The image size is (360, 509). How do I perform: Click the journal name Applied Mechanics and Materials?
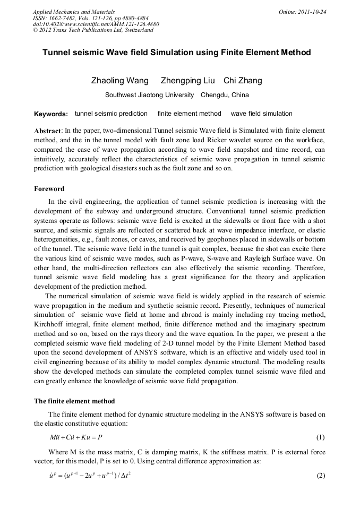tap(74, 11)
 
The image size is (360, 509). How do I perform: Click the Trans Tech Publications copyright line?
tap(93, 30)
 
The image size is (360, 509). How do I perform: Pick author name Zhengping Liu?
tap(187, 81)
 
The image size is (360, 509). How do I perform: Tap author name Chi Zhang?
tap(243, 81)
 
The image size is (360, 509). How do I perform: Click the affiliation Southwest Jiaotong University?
tap(149, 96)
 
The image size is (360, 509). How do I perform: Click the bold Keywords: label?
tap(51, 114)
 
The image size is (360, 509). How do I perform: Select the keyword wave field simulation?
tap(261, 114)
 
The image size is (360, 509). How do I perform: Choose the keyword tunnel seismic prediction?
tap(111, 114)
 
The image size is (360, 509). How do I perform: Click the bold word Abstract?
tap(47, 131)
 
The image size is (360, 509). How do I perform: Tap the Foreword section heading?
tap(49, 189)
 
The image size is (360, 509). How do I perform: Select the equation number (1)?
tap(320, 438)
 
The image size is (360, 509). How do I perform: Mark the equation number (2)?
tap(320, 475)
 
